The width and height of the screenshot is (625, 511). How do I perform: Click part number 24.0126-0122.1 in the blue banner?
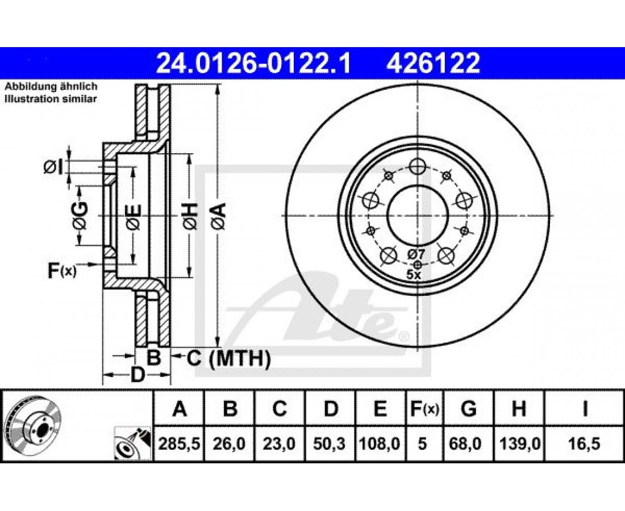254,63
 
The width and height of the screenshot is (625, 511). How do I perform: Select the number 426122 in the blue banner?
432,63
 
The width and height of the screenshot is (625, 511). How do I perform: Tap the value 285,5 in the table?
179,443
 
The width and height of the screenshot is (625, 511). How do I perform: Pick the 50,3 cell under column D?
330,443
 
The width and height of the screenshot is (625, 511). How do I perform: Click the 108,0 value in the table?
380,443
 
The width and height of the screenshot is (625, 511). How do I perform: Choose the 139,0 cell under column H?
519,443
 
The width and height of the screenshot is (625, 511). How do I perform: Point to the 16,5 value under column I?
585,443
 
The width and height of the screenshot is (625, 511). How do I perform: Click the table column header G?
469,409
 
